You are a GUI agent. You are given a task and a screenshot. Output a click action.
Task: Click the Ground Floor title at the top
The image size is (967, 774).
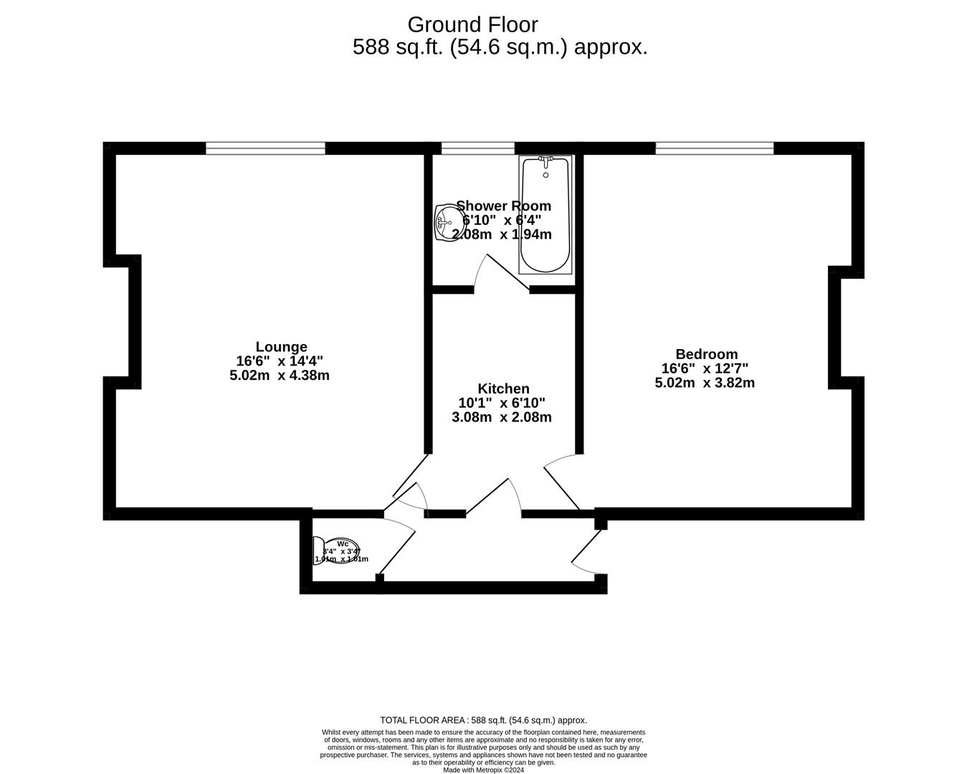tap(472, 24)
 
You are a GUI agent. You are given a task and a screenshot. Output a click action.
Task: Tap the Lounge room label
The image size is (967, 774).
tap(281, 347)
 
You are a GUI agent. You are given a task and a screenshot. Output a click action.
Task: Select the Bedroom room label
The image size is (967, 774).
tap(706, 354)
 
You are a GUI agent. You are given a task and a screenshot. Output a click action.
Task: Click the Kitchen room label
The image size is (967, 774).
tap(503, 389)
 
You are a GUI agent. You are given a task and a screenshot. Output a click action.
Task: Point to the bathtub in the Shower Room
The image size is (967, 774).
tap(546, 215)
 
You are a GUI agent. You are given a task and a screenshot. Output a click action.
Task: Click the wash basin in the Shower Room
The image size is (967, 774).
tap(447, 221)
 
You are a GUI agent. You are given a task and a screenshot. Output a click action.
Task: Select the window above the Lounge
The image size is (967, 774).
tap(265, 148)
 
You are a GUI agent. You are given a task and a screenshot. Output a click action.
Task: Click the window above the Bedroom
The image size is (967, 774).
tap(714, 148)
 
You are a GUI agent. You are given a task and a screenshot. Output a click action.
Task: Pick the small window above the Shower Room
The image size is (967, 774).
tap(477, 148)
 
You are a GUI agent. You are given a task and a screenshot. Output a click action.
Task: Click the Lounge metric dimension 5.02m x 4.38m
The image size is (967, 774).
tap(280, 375)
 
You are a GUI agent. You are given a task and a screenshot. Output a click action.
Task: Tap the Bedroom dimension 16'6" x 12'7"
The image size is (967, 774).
tap(705, 368)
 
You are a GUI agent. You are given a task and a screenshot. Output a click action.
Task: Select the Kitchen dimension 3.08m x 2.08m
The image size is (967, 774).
tap(502, 417)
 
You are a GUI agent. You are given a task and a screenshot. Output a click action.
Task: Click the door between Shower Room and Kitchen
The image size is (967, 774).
tap(507, 273)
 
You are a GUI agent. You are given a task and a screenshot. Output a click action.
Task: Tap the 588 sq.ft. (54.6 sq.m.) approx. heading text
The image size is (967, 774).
tap(500, 47)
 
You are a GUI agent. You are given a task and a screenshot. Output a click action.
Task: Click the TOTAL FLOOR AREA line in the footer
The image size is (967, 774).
tap(483, 720)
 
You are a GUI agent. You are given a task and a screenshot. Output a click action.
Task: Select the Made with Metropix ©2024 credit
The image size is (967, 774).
tap(483, 770)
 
